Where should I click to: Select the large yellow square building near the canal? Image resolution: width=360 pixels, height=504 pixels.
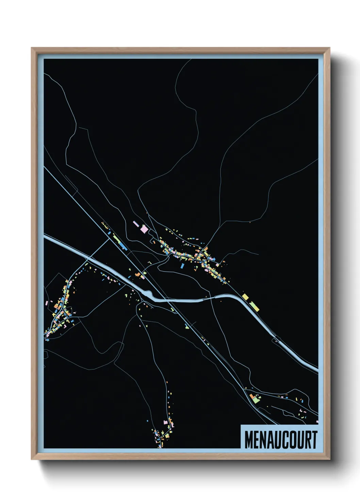point(245,296)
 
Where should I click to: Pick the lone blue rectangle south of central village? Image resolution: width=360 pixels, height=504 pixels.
point(182,265)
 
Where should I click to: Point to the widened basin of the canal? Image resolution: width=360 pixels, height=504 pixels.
point(147,293)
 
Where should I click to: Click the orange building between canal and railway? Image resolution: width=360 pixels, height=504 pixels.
point(138,274)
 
